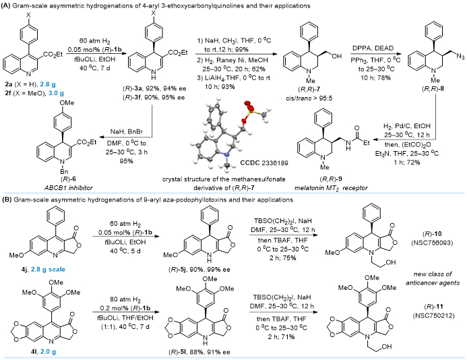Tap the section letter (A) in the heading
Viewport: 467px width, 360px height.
[8, 6]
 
